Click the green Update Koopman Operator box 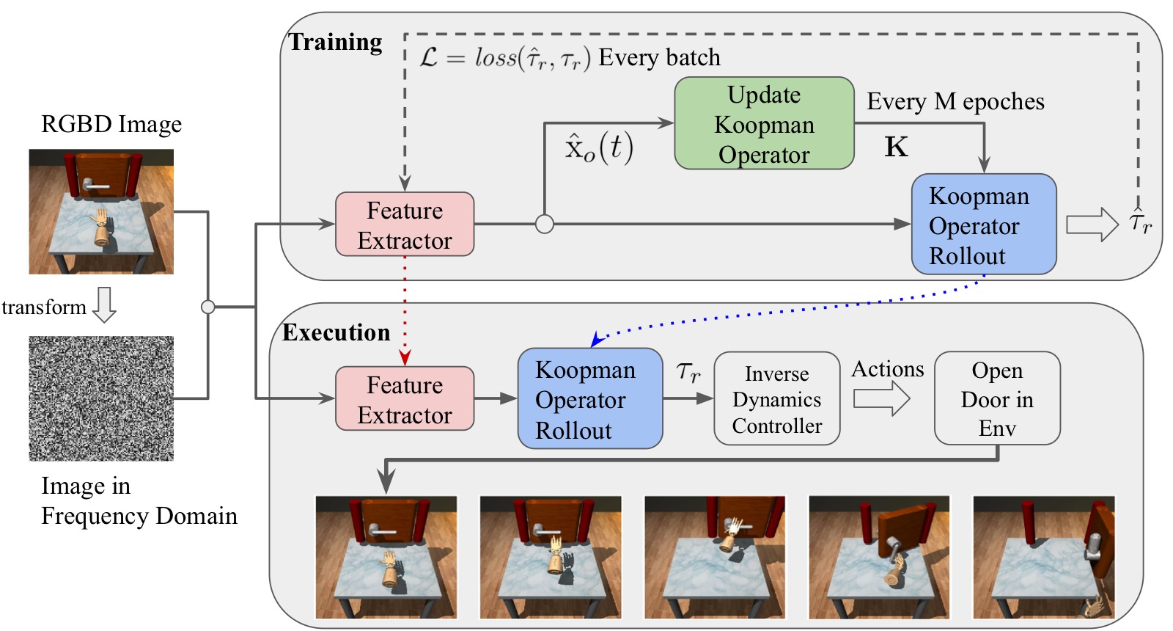coord(764,123)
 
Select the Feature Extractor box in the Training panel coord(405,225)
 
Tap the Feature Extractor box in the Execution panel coord(405,399)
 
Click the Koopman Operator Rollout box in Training coord(984,225)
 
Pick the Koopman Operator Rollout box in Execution coord(590,399)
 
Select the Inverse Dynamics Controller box coord(777,399)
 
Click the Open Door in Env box coord(997,399)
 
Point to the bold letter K coord(896,147)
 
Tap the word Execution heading coord(337,332)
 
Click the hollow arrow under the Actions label coord(882,399)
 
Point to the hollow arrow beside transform coord(104,305)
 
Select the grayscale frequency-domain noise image coord(101,399)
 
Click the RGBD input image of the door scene coord(101,212)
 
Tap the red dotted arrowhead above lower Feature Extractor coord(405,359)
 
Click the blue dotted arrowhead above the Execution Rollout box coord(597,340)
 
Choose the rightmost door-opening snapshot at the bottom coord(1044,558)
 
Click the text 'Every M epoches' coord(955,102)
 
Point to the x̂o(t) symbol coord(598,147)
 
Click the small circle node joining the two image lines coord(208,307)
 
